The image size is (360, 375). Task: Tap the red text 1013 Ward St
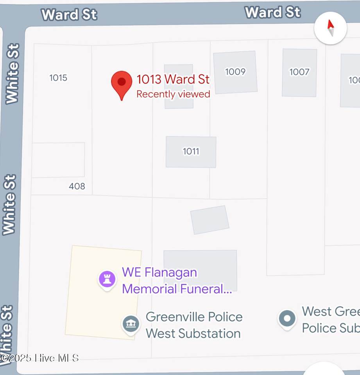173,79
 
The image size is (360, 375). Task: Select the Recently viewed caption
173,94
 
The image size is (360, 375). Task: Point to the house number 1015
58,78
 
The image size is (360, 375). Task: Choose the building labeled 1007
299,72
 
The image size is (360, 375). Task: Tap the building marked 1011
191,152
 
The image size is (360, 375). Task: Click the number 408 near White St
77,186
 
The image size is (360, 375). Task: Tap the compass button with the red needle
330,28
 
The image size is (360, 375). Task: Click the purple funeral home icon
107,279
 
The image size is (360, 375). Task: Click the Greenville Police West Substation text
193,325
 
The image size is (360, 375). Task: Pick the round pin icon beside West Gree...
287,319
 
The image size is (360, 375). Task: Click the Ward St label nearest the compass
272,12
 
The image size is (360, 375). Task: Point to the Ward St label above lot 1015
69,14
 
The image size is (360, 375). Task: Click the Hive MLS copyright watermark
40,357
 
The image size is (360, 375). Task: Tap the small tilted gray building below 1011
210,220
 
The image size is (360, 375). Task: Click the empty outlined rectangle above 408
58,160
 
